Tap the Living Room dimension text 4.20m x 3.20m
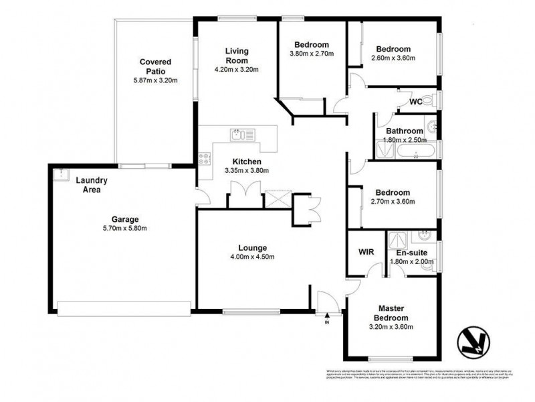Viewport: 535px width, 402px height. (x=236, y=70)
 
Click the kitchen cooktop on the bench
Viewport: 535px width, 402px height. (x=205, y=159)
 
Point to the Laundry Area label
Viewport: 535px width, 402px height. (x=88, y=185)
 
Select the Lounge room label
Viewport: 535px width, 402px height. (x=252, y=247)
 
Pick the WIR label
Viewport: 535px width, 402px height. (x=366, y=253)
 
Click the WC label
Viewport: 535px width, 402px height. (x=415, y=103)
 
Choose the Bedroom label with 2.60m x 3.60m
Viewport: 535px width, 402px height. (x=393, y=49)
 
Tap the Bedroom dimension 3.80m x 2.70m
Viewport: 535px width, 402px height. (x=312, y=54)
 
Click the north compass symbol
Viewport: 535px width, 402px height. (x=473, y=342)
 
